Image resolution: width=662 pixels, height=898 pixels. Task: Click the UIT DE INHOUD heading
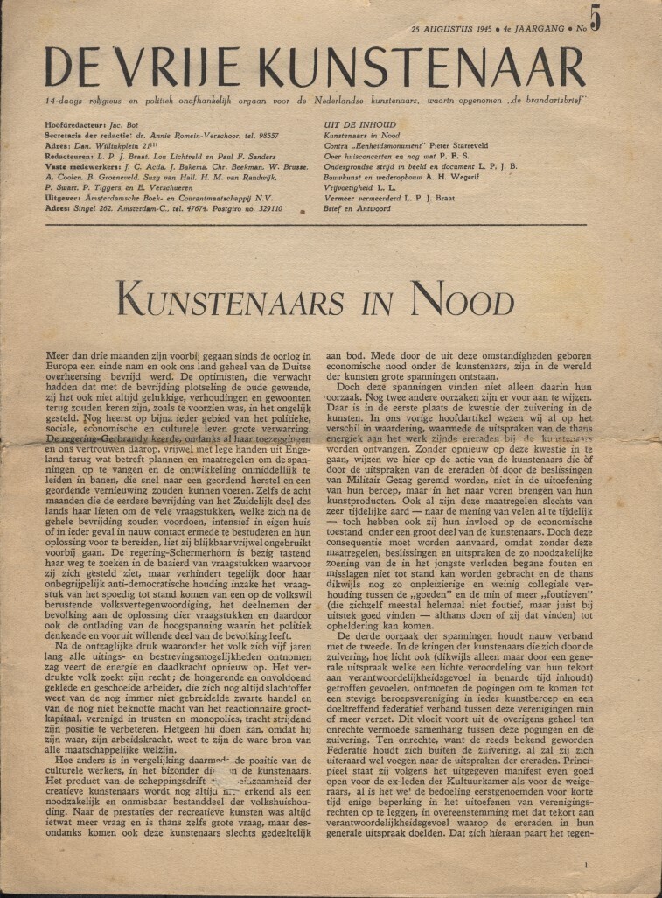coord(347,125)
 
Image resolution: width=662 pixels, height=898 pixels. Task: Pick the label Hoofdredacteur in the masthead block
coord(76,126)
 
